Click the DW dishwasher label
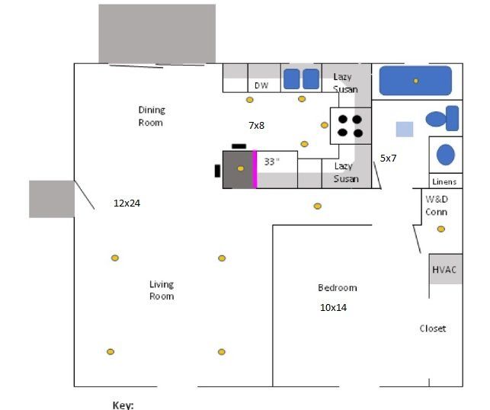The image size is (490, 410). [261, 85]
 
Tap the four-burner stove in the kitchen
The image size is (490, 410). [350, 126]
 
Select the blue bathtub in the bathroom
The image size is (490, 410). [415, 80]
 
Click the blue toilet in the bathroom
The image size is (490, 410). [442, 119]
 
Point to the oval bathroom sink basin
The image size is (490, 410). [445, 155]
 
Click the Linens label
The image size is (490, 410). [444, 181]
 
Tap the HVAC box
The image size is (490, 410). [445, 270]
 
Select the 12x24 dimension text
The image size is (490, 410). [127, 203]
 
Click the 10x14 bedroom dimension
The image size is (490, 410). [333, 308]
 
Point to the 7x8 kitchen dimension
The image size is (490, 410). [256, 124]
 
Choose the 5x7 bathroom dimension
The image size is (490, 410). [389, 159]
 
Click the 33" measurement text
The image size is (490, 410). [272, 162]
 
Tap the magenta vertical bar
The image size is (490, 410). [255, 169]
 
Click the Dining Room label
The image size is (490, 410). [151, 116]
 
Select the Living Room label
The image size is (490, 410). [161, 290]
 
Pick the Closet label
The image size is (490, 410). [433, 328]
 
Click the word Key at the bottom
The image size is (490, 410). [123, 405]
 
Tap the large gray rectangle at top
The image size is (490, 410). [157, 34]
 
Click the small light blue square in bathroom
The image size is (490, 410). [405, 129]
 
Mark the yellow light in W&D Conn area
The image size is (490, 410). [440, 229]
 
